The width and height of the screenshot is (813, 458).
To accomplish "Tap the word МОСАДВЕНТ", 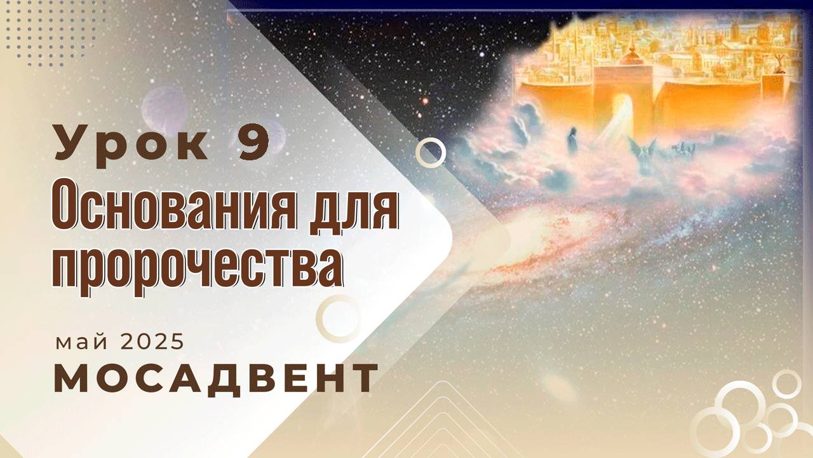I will pos(215,378).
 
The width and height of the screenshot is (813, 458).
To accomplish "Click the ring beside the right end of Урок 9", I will pos(431,152).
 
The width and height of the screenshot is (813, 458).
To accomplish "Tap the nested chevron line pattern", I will pos(445,420).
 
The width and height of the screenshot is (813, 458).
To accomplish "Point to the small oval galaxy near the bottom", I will pos(559,385).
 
